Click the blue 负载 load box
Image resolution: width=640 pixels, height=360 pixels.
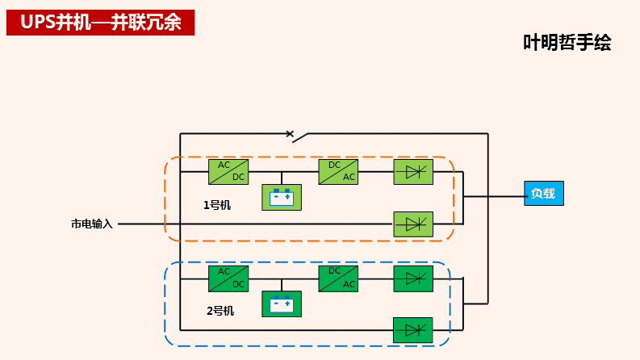click(x=543, y=194)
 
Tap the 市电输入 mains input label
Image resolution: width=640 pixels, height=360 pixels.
click(x=92, y=224)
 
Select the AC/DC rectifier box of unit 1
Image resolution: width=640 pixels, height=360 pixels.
click(x=228, y=171)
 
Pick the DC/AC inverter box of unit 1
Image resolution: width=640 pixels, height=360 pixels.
click(x=338, y=171)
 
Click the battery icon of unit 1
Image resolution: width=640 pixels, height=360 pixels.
click(x=281, y=197)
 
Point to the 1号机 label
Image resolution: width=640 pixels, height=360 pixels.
click(x=216, y=205)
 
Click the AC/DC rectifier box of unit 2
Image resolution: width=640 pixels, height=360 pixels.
click(x=228, y=278)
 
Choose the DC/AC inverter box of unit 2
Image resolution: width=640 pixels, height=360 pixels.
click(x=338, y=278)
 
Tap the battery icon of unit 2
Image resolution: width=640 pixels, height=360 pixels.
click(x=281, y=304)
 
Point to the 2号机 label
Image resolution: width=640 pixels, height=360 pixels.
click(x=220, y=311)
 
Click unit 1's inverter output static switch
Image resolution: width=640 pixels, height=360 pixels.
click(x=413, y=171)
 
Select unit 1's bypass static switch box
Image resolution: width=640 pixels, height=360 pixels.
click(x=413, y=224)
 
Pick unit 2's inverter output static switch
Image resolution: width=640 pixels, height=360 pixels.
click(x=413, y=278)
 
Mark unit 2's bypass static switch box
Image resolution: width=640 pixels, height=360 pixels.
click(x=412, y=329)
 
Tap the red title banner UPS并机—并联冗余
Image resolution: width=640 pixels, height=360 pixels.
click(x=101, y=23)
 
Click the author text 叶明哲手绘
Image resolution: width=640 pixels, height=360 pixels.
click(x=567, y=43)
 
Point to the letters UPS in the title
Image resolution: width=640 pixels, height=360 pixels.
click(x=37, y=23)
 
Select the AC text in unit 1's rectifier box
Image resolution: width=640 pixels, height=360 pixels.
click(x=224, y=165)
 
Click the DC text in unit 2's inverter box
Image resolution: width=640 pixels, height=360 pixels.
click(x=334, y=271)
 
